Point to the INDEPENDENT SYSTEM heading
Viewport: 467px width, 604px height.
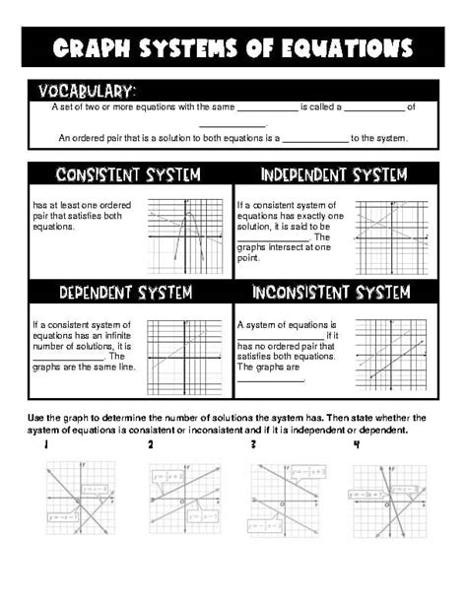334,175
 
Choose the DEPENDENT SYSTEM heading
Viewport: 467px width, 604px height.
125,293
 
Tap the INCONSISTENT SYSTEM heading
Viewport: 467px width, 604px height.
330,293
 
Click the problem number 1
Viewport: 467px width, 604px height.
45,446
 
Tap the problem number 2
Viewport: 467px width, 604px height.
151,446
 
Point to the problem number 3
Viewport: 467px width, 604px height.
254,446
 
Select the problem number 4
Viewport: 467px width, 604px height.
357,446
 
